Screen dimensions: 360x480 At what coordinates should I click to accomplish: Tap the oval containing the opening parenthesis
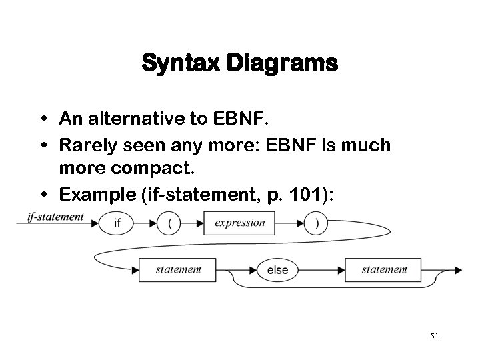tap(171, 223)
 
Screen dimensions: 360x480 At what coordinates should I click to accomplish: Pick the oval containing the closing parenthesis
tap(316, 223)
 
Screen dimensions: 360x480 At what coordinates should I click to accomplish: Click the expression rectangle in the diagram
tap(239, 223)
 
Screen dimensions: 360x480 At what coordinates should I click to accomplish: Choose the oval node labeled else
tap(277, 270)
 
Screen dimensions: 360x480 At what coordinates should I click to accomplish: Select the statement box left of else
tap(178, 270)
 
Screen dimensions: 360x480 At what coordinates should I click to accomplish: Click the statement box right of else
tap(384, 270)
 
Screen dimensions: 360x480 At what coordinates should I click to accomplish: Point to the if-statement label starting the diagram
tap(55, 216)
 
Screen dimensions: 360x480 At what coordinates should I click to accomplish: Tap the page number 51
tap(434, 337)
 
